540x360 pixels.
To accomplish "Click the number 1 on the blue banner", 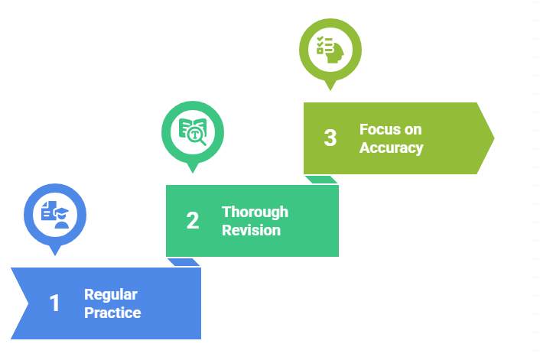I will point(54,303).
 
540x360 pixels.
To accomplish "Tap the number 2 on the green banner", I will point(192,220).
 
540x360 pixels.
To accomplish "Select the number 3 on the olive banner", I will point(330,138).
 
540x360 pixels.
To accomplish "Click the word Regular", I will point(111,295).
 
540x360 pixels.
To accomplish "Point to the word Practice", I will point(112,312).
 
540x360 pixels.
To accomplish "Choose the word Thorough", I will point(255,212).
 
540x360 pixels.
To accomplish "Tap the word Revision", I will point(252,229).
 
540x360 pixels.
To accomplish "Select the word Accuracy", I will point(392,148).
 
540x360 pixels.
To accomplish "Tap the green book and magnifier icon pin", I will point(192,131).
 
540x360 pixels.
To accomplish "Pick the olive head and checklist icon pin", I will point(330,50).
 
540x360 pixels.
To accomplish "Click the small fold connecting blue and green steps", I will point(184,262).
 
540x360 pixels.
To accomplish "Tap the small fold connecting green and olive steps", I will point(321,180).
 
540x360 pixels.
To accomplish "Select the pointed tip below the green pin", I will point(192,170).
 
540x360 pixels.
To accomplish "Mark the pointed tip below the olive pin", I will point(330,88).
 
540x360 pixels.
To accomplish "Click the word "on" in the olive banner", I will point(414,129).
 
